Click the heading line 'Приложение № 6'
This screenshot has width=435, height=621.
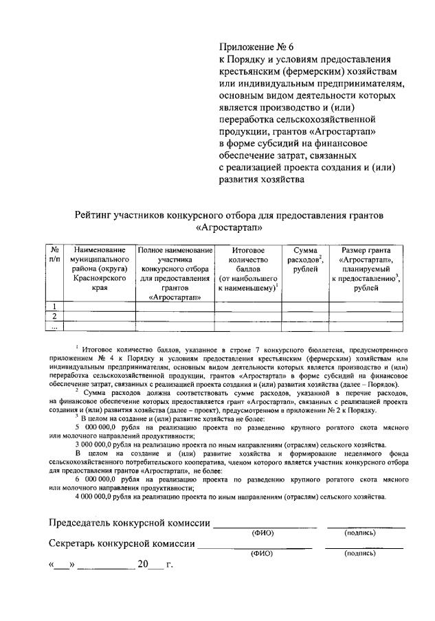tap(256, 47)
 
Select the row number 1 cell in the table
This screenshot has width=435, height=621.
tap(54, 306)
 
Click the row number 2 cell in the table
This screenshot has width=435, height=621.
tap(54, 316)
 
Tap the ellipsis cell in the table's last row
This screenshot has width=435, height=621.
tap(54, 326)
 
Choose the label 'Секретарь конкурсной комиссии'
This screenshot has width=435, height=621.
tap(121, 545)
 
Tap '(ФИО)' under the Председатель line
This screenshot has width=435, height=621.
tap(263, 532)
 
